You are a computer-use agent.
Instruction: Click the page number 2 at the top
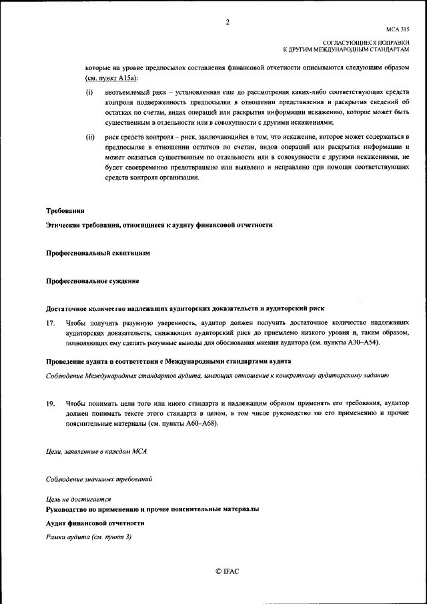(227, 23)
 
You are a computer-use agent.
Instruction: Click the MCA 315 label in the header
(398, 30)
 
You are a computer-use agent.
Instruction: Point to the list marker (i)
(89, 92)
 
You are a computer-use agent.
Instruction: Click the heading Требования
(65, 211)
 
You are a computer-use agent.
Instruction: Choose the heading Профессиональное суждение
(93, 282)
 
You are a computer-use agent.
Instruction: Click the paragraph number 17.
(50, 323)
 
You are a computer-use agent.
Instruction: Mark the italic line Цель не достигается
(79, 499)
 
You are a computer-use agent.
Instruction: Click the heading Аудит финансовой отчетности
(95, 523)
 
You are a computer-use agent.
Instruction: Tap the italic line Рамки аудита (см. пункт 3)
(89, 537)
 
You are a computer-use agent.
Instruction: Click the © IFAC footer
(227, 572)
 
